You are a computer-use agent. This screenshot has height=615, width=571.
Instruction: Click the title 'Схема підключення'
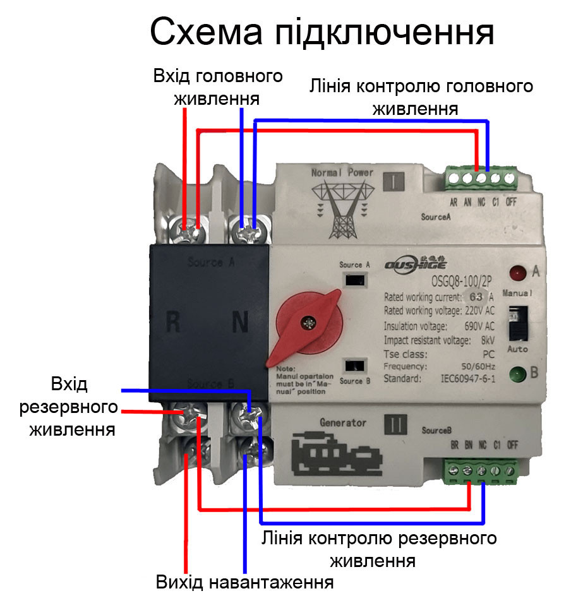(x=322, y=33)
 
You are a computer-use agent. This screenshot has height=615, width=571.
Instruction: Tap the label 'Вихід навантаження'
(x=245, y=582)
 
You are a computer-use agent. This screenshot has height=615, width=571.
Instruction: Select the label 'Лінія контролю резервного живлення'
(x=379, y=549)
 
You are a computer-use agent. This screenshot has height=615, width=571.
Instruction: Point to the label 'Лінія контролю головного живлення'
(x=421, y=97)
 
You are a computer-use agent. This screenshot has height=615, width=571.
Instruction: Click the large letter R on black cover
(x=174, y=323)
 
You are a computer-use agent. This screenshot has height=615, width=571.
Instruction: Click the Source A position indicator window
(x=354, y=280)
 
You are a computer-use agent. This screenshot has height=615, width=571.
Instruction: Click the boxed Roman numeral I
(x=394, y=182)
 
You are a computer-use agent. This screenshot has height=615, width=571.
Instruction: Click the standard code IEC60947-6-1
(x=467, y=379)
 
